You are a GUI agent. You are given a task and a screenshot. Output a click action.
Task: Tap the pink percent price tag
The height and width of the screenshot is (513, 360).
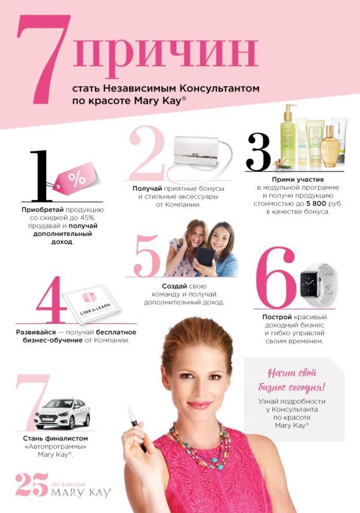click(x=76, y=179)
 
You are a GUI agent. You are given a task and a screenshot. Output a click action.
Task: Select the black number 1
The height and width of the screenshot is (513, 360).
click(x=41, y=176)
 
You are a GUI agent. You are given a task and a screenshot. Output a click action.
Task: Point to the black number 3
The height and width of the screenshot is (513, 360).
click(x=259, y=152)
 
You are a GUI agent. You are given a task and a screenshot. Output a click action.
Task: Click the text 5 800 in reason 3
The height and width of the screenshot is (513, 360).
click(x=316, y=203)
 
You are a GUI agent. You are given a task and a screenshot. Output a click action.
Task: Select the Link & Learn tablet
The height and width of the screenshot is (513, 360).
click(x=92, y=302)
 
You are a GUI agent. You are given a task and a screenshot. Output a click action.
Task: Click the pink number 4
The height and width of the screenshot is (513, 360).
click(x=52, y=299)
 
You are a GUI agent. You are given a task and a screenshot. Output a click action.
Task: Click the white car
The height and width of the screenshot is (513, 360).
click(x=62, y=413)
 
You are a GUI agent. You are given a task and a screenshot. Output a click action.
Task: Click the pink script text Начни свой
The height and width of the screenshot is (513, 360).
click(x=292, y=373)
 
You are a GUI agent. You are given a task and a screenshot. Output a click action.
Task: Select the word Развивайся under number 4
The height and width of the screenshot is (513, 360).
click(x=36, y=332)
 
